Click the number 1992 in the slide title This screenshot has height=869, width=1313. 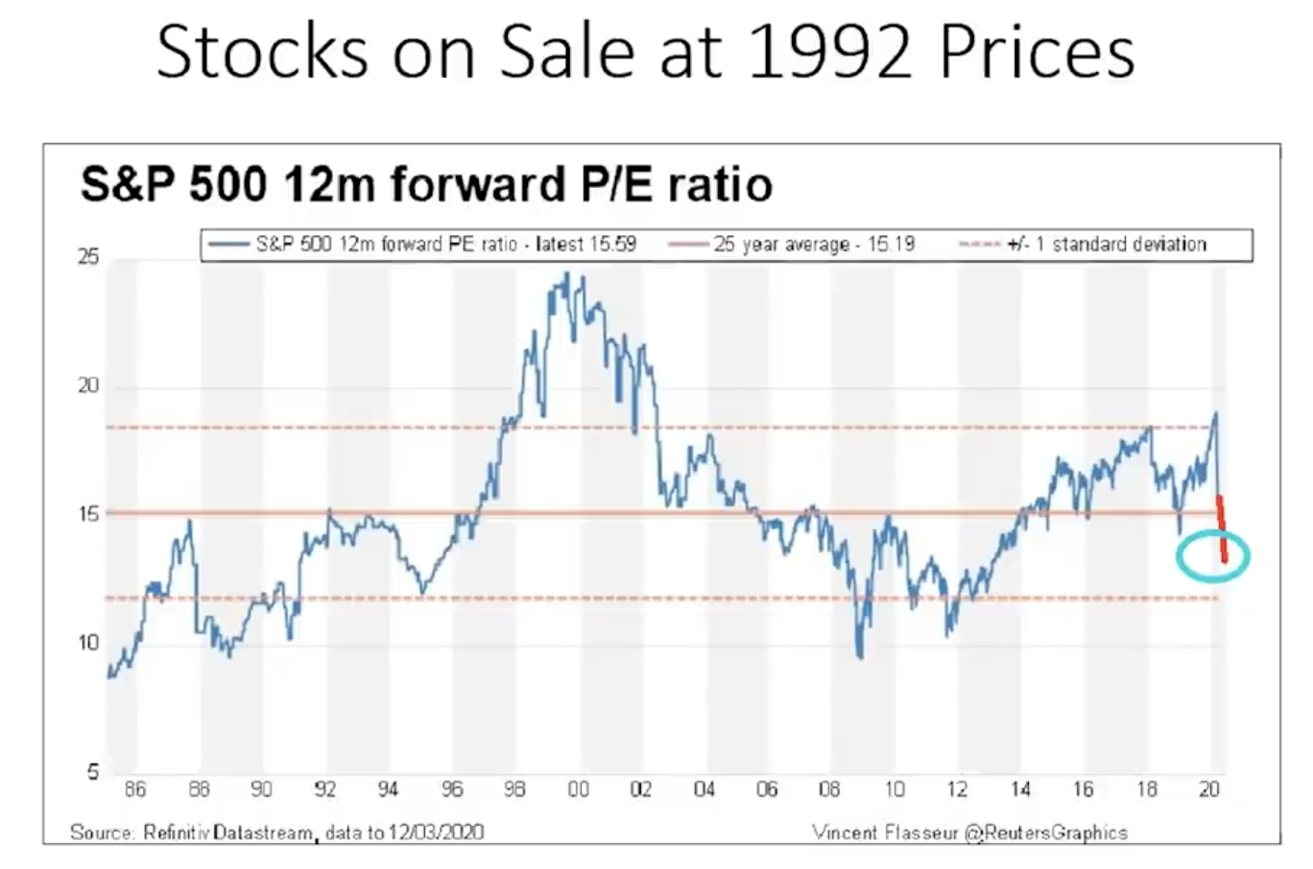pos(826,53)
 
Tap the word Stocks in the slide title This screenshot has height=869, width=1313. pos(262,53)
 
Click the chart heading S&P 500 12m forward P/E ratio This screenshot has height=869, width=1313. pos(426,184)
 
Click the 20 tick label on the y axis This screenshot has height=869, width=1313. pos(88,386)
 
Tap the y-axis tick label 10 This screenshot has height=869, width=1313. pos(88,643)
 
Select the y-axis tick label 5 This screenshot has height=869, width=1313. pos(93,772)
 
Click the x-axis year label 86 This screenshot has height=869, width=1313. pos(135,789)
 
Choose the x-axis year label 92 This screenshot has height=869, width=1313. pos(325,789)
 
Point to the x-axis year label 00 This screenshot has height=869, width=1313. pos(578,789)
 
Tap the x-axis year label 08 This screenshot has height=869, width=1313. pos(830,789)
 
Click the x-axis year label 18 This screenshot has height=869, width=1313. pos(1147,789)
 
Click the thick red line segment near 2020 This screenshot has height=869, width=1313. pos(1222,528)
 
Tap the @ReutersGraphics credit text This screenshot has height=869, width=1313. pos(1047,833)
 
